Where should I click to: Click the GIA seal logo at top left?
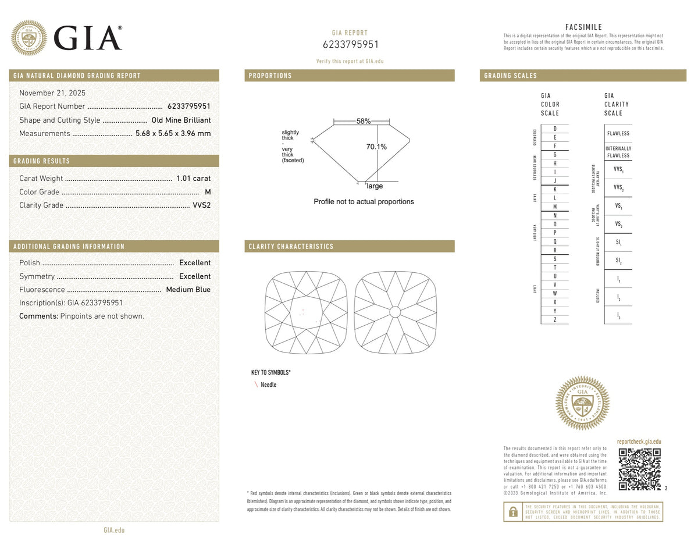tap(29, 38)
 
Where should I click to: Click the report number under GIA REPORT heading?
tap(350, 44)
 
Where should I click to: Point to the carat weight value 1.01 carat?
tap(193, 179)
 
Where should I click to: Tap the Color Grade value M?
tap(208, 192)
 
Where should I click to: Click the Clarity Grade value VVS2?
tap(201, 205)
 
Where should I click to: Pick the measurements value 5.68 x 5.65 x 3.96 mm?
tap(173, 133)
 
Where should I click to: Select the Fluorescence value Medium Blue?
tap(188, 290)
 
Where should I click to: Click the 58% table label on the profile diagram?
tap(364, 121)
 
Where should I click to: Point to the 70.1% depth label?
tap(376, 147)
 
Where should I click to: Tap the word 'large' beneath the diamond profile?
tap(375, 186)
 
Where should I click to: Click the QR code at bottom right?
tap(639, 469)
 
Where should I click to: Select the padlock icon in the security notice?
tap(513, 511)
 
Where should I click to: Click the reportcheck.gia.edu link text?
tap(639, 442)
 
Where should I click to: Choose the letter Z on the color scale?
tap(555, 320)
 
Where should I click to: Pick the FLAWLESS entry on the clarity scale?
tap(618, 133)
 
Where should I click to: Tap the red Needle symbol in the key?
tap(255, 385)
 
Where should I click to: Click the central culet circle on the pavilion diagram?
tap(394, 312)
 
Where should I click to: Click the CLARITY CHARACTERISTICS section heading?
tap(291, 247)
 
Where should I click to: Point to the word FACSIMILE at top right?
tap(583, 27)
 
